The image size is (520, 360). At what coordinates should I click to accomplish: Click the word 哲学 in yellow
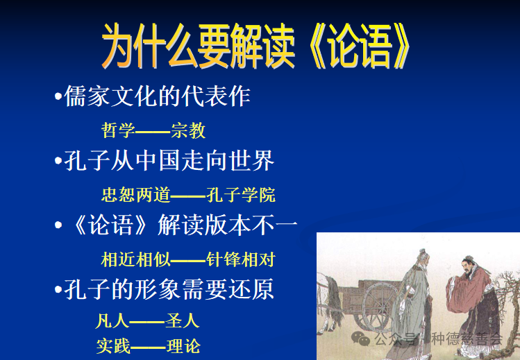(x=118, y=130)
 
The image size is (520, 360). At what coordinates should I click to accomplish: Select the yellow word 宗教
(x=188, y=130)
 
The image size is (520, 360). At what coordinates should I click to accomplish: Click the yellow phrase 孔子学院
(x=241, y=195)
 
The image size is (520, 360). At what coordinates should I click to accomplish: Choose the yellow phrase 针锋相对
(x=241, y=260)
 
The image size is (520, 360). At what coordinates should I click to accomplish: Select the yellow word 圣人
(x=183, y=321)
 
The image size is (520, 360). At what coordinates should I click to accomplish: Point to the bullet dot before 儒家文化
(x=58, y=98)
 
